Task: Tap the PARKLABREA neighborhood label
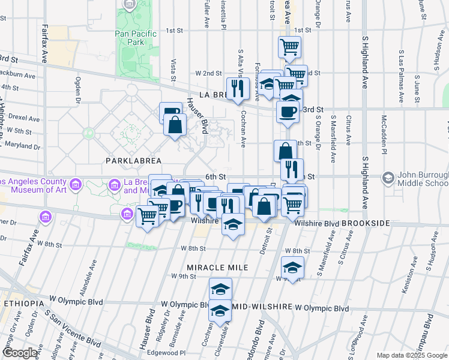point(134,161)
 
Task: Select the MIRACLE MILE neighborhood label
point(217,267)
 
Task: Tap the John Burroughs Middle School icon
point(388,177)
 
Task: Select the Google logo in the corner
point(20,353)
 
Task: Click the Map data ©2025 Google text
point(412,355)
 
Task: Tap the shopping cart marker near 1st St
point(290,46)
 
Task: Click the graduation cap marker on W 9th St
point(292,267)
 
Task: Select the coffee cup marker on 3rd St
point(288,111)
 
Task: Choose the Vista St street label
point(173,70)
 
